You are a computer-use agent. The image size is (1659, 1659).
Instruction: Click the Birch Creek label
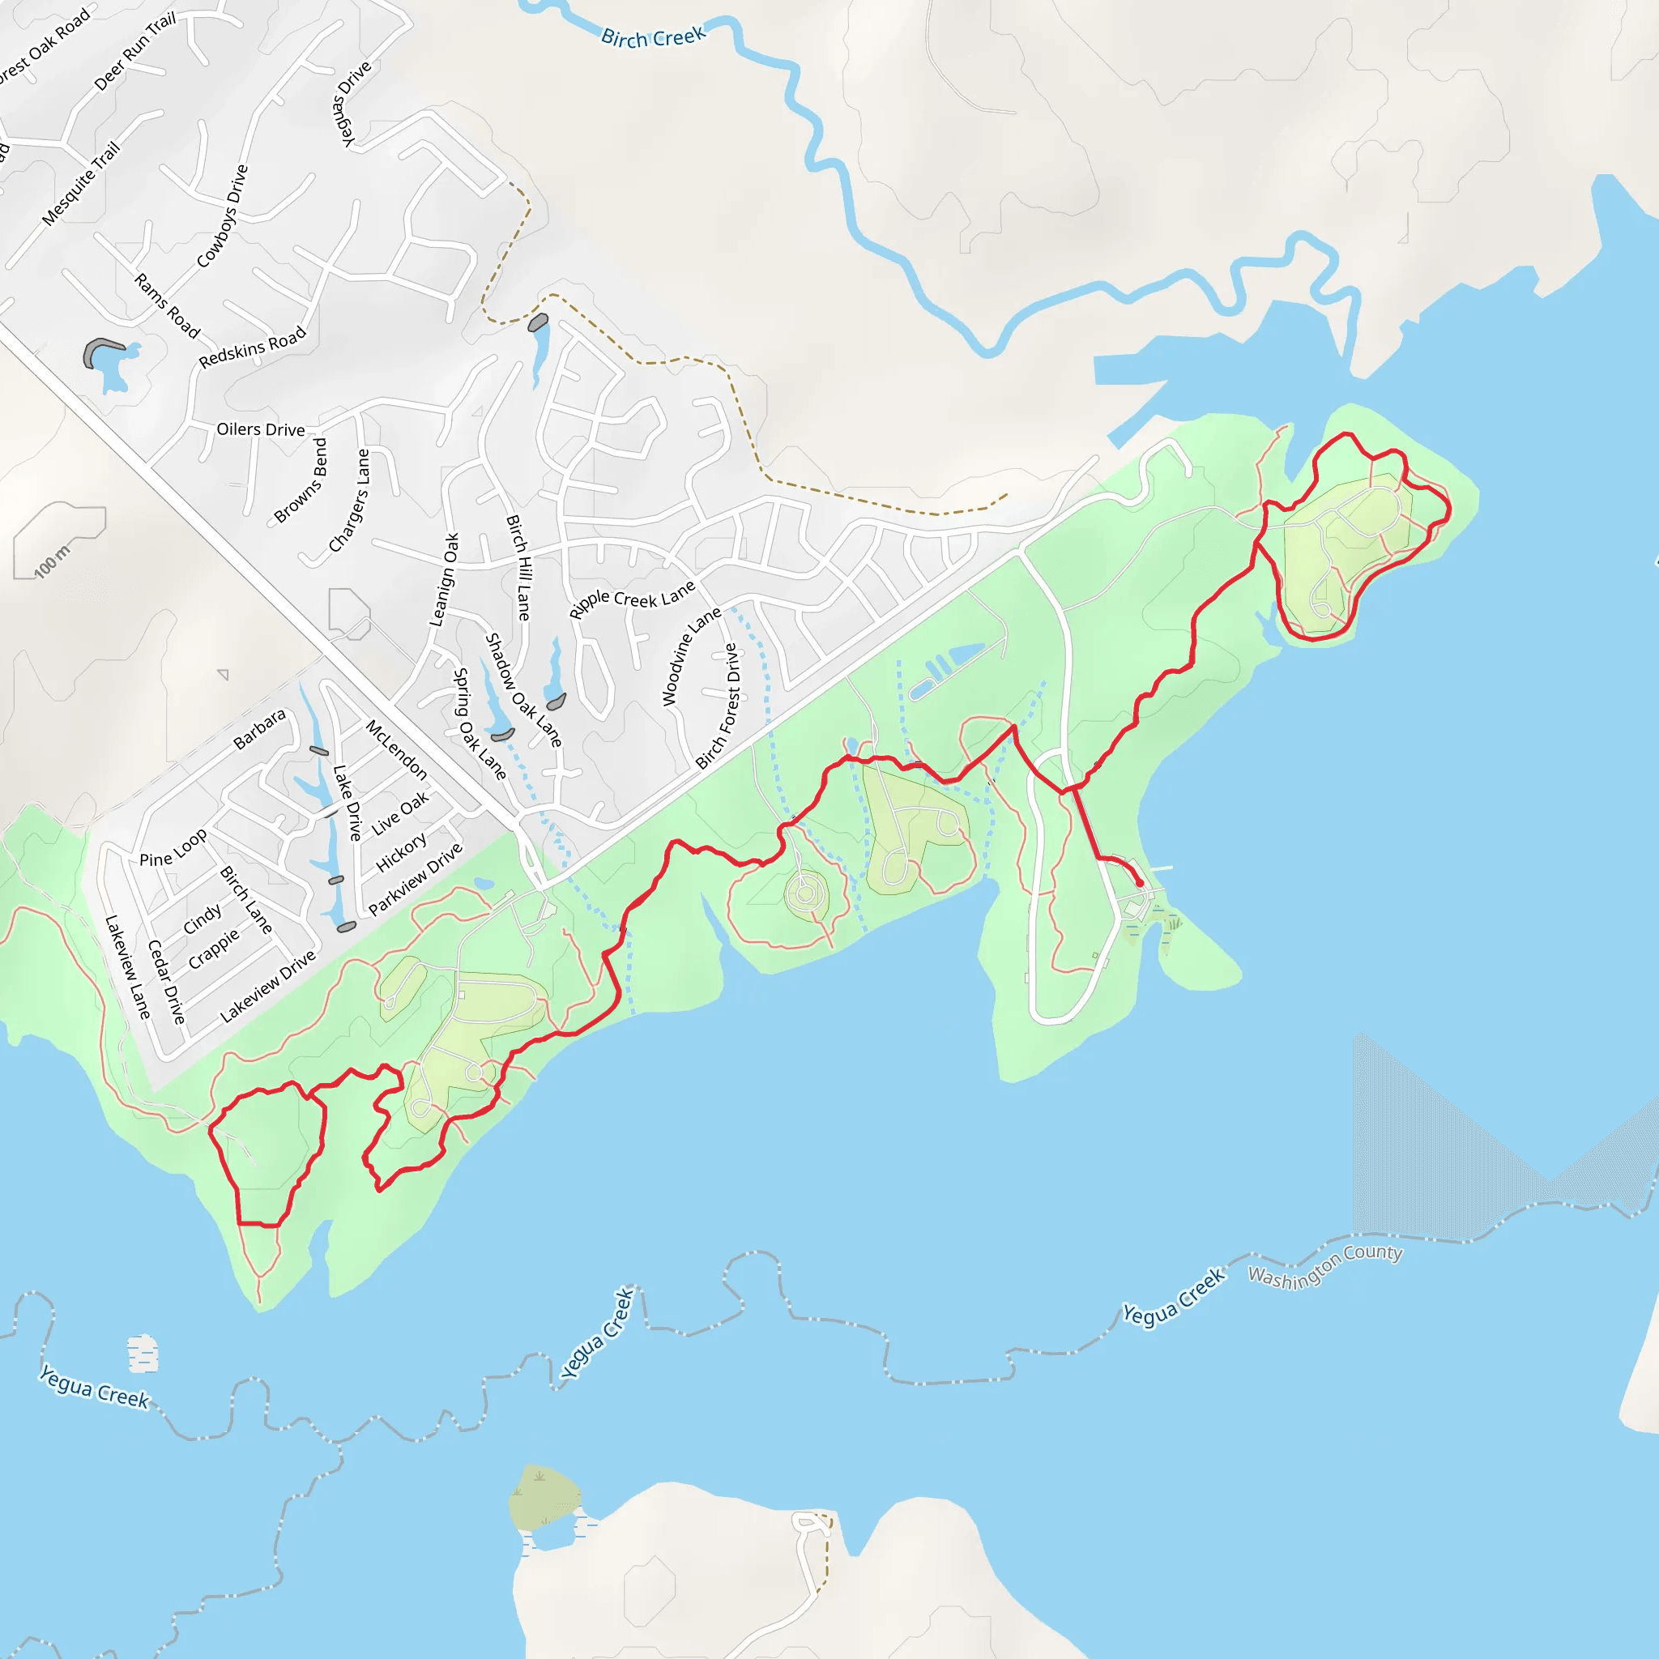[x=653, y=37]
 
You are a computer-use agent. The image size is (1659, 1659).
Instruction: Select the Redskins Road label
[x=252, y=347]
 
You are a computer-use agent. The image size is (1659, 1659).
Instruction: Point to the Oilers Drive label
[x=260, y=429]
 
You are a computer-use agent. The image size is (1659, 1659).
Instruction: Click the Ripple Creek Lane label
[x=632, y=599]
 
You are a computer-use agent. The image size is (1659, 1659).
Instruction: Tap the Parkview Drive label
[x=416, y=878]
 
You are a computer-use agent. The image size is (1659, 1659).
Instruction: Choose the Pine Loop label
[x=173, y=847]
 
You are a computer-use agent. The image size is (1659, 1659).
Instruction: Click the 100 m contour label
[x=52, y=561]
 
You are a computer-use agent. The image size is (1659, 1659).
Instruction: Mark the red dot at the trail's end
[x=1140, y=883]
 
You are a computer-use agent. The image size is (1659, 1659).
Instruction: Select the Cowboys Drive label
[x=223, y=216]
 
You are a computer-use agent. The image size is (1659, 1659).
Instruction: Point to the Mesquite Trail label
[x=81, y=184]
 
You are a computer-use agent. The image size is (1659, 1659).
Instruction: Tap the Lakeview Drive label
[x=268, y=987]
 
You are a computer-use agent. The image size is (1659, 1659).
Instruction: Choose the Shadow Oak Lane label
[x=524, y=689]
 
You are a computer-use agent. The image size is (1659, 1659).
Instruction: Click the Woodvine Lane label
[x=691, y=657]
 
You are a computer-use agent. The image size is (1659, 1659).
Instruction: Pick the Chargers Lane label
[x=349, y=501]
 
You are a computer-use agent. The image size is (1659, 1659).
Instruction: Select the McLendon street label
[x=397, y=749]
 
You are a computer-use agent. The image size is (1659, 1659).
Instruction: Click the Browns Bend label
[x=301, y=481]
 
